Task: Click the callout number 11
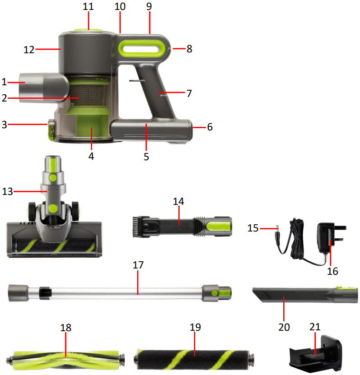(x=89, y=7)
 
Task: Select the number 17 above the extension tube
(x=138, y=265)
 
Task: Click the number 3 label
(x=4, y=125)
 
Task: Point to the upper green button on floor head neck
(x=53, y=178)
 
